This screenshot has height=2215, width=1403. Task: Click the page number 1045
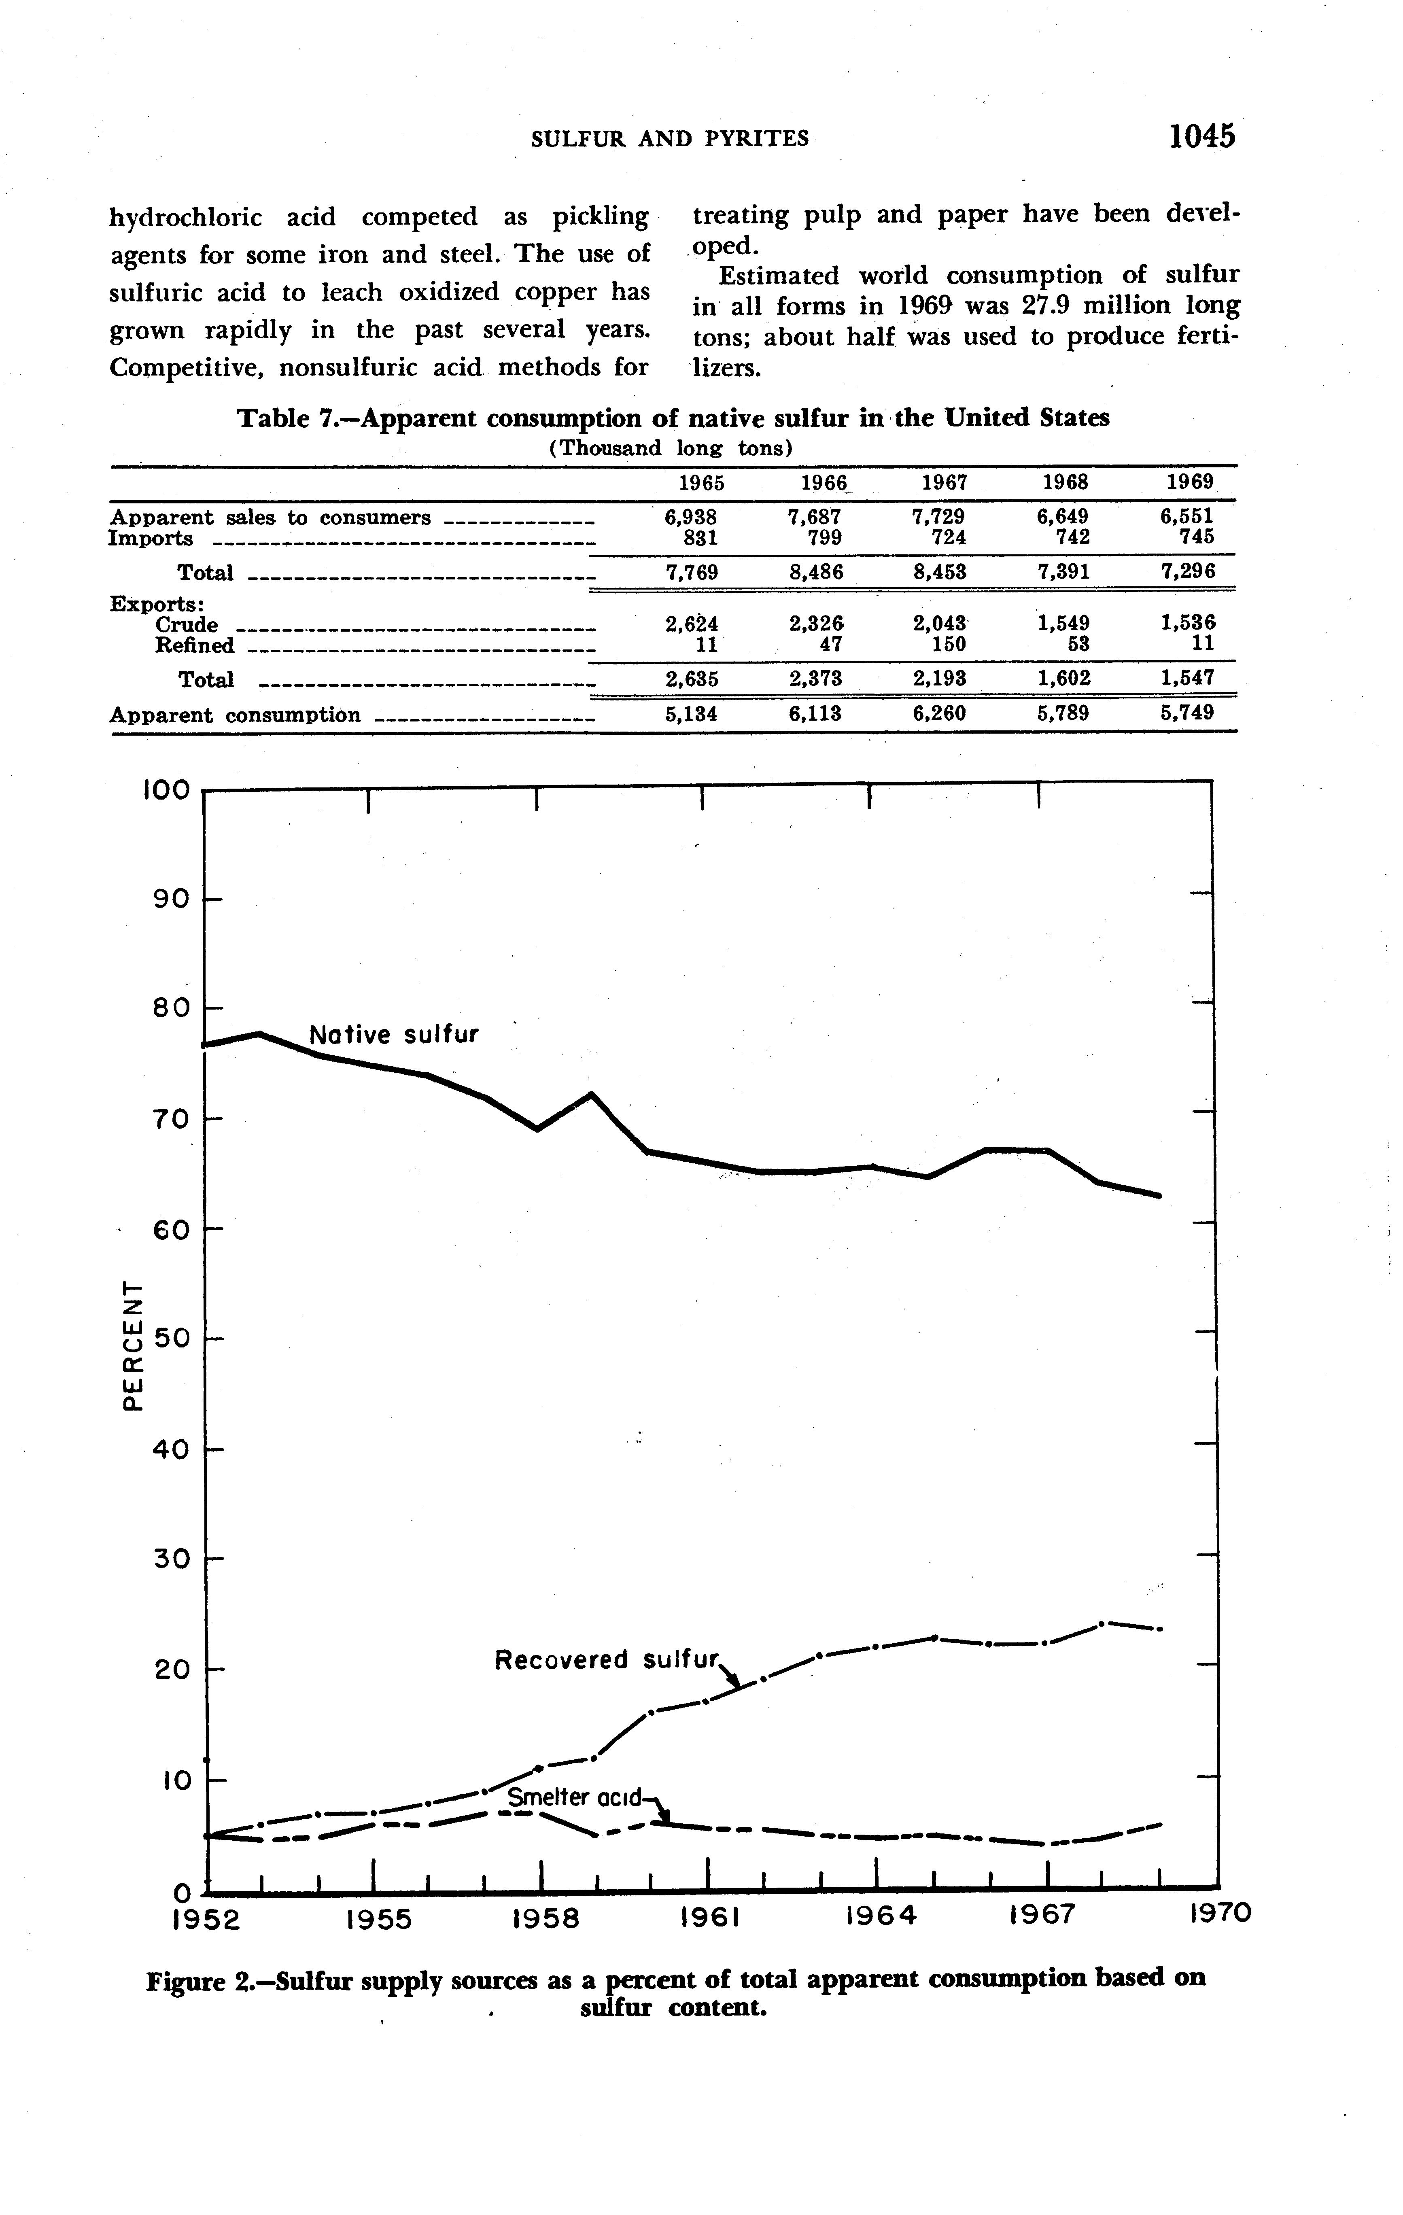click(x=1201, y=136)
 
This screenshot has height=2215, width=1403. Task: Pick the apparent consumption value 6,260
click(x=939, y=713)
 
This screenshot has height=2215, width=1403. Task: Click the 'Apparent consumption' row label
click(x=235, y=715)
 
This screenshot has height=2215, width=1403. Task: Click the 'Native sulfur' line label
click(x=394, y=1035)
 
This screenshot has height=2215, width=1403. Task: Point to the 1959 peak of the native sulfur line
click(x=591, y=1095)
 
